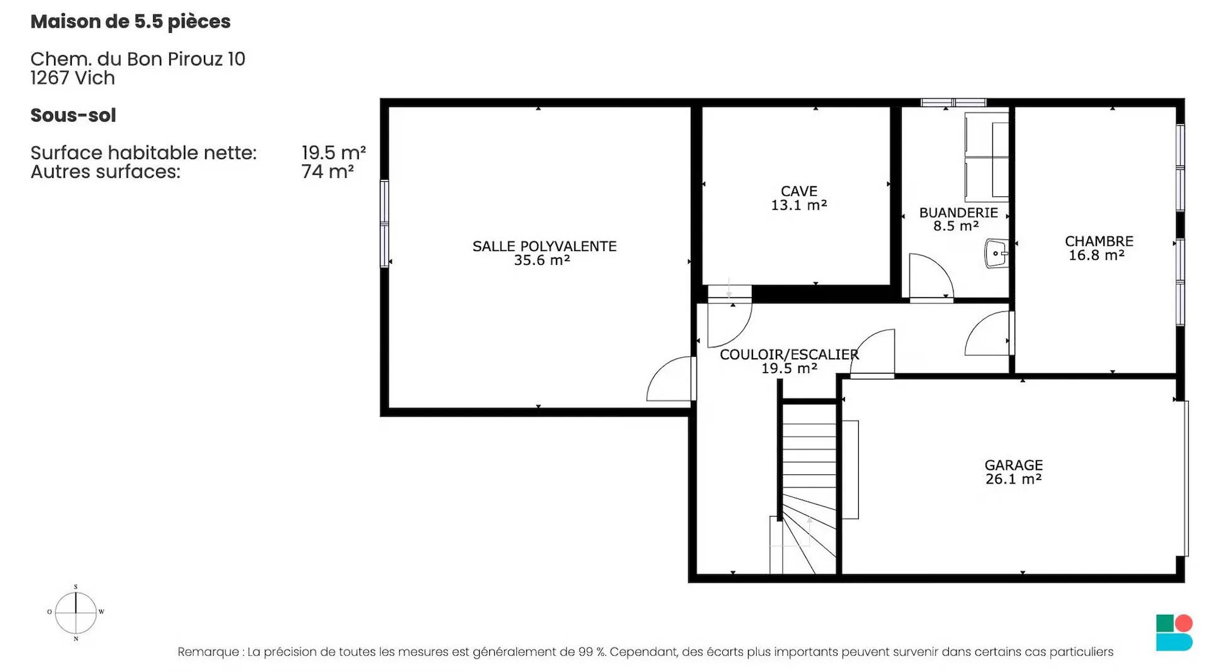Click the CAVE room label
click(799, 191)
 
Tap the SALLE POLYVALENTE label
click(545, 247)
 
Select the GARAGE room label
click(1014, 466)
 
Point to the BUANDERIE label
click(958, 213)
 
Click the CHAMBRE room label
click(1099, 242)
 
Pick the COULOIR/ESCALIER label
click(789, 355)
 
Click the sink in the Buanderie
click(996, 254)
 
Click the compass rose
click(76, 612)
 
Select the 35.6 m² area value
click(542, 260)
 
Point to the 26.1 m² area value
click(1014, 479)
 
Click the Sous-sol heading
click(73, 115)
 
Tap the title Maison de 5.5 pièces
click(130, 21)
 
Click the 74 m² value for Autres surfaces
click(327, 171)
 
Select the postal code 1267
click(50, 78)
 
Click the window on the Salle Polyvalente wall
click(384, 223)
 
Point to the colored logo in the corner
click(1174, 632)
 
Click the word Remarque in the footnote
click(208, 652)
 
